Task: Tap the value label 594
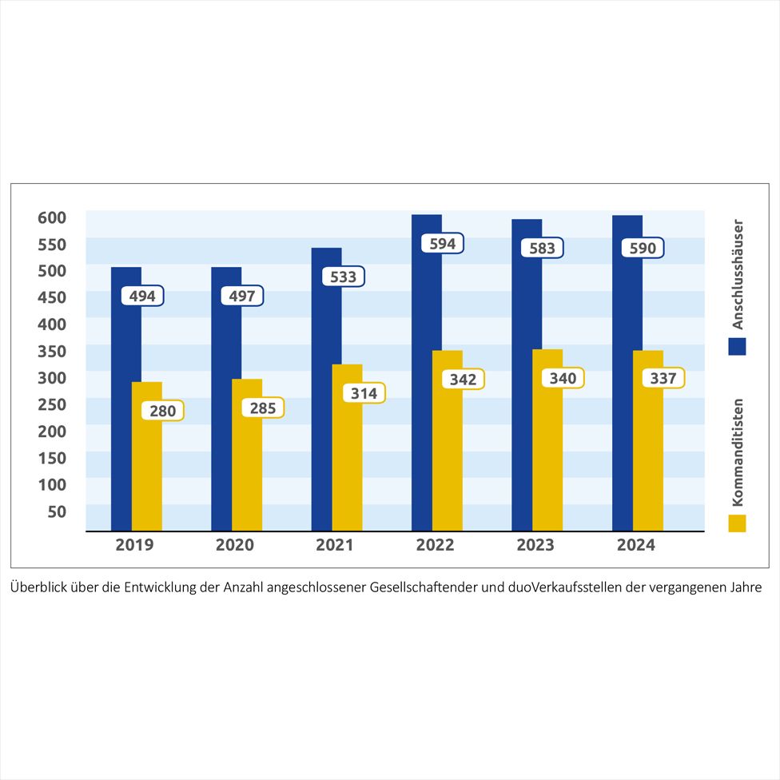[x=443, y=244]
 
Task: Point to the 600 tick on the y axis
[x=51, y=217]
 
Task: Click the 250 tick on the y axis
[x=51, y=404]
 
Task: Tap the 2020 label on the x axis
[x=235, y=545]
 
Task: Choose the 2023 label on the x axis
[x=536, y=545]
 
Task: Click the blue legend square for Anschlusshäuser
[x=737, y=346]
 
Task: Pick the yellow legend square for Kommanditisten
[x=737, y=523]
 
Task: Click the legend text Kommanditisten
[x=738, y=452]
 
